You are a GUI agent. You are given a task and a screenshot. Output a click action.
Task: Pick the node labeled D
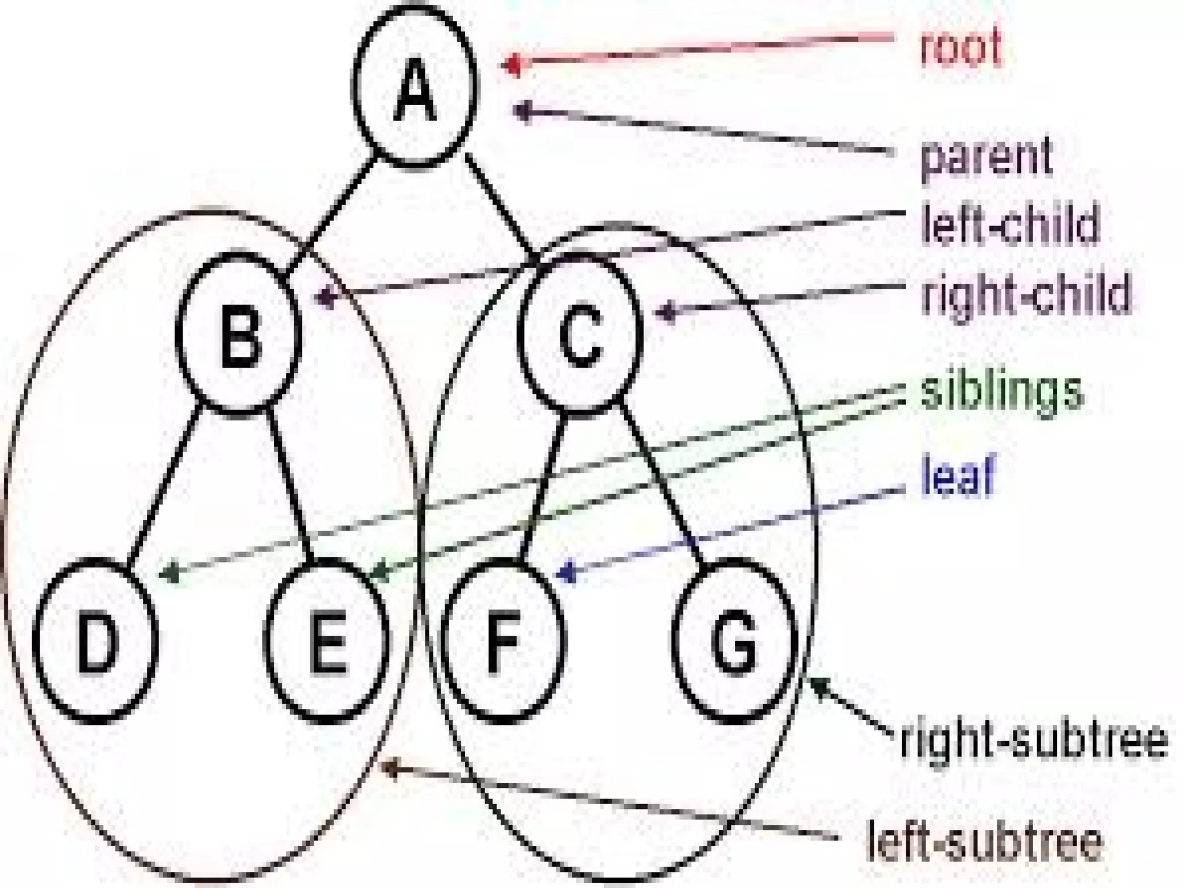pos(95,642)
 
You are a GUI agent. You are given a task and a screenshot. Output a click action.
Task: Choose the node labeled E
pos(327,642)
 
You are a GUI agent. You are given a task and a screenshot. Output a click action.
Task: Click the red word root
pos(960,46)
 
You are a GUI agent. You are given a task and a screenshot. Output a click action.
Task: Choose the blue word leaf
pos(957,475)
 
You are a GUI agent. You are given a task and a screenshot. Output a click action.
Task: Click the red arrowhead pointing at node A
pos(511,64)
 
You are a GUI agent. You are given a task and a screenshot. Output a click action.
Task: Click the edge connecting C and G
pos(662,480)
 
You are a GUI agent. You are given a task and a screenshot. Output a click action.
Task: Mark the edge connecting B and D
pos(165,483)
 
